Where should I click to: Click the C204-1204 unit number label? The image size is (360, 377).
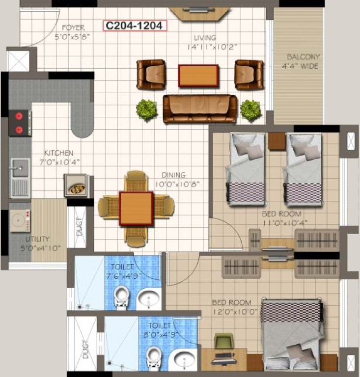click(134, 26)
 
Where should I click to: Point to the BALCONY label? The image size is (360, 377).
click(303, 57)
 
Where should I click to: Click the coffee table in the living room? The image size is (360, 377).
click(198, 76)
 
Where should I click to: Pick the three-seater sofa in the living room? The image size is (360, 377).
click(200, 108)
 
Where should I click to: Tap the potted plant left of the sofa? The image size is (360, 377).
click(146, 109)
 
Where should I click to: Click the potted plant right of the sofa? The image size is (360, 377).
click(250, 109)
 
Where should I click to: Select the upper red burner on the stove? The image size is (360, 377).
click(20, 117)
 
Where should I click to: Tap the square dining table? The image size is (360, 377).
click(136, 208)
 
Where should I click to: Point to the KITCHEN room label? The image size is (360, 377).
click(58, 153)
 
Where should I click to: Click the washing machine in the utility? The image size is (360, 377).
click(21, 220)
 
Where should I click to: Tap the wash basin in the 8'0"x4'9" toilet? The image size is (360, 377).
click(181, 359)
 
